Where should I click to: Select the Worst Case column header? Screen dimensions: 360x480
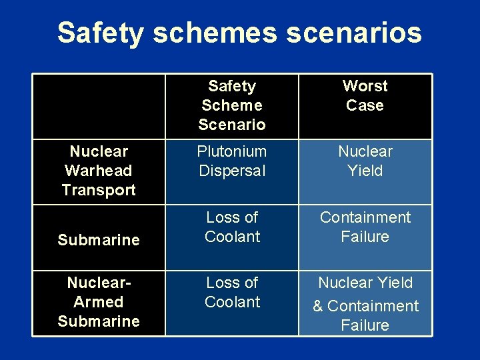coord(365,95)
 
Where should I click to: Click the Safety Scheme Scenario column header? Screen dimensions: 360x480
coord(231,105)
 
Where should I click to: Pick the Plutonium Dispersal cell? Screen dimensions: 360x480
coord(231,161)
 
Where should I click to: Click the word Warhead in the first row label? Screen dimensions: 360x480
coord(99,171)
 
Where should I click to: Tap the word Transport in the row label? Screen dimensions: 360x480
coord(99,190)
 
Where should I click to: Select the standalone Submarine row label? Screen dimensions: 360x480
coord(99,240)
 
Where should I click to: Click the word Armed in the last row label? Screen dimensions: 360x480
coord(99,302)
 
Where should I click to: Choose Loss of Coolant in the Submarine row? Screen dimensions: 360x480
coord(232,227)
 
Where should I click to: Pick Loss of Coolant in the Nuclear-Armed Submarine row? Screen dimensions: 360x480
coord(232,292)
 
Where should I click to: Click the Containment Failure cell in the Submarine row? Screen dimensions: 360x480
coord(365,227)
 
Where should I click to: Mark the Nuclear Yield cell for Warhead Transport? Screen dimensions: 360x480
coord(365,161)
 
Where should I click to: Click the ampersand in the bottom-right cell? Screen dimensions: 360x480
coord(317,307)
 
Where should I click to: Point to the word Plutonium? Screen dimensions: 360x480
coord(231,151)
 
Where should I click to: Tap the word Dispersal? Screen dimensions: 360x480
coord(231,171)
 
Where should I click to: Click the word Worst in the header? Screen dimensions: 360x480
coord(365,86)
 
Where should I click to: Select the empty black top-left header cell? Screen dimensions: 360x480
coord(99,105)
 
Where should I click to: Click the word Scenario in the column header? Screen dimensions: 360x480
coord(231,124)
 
